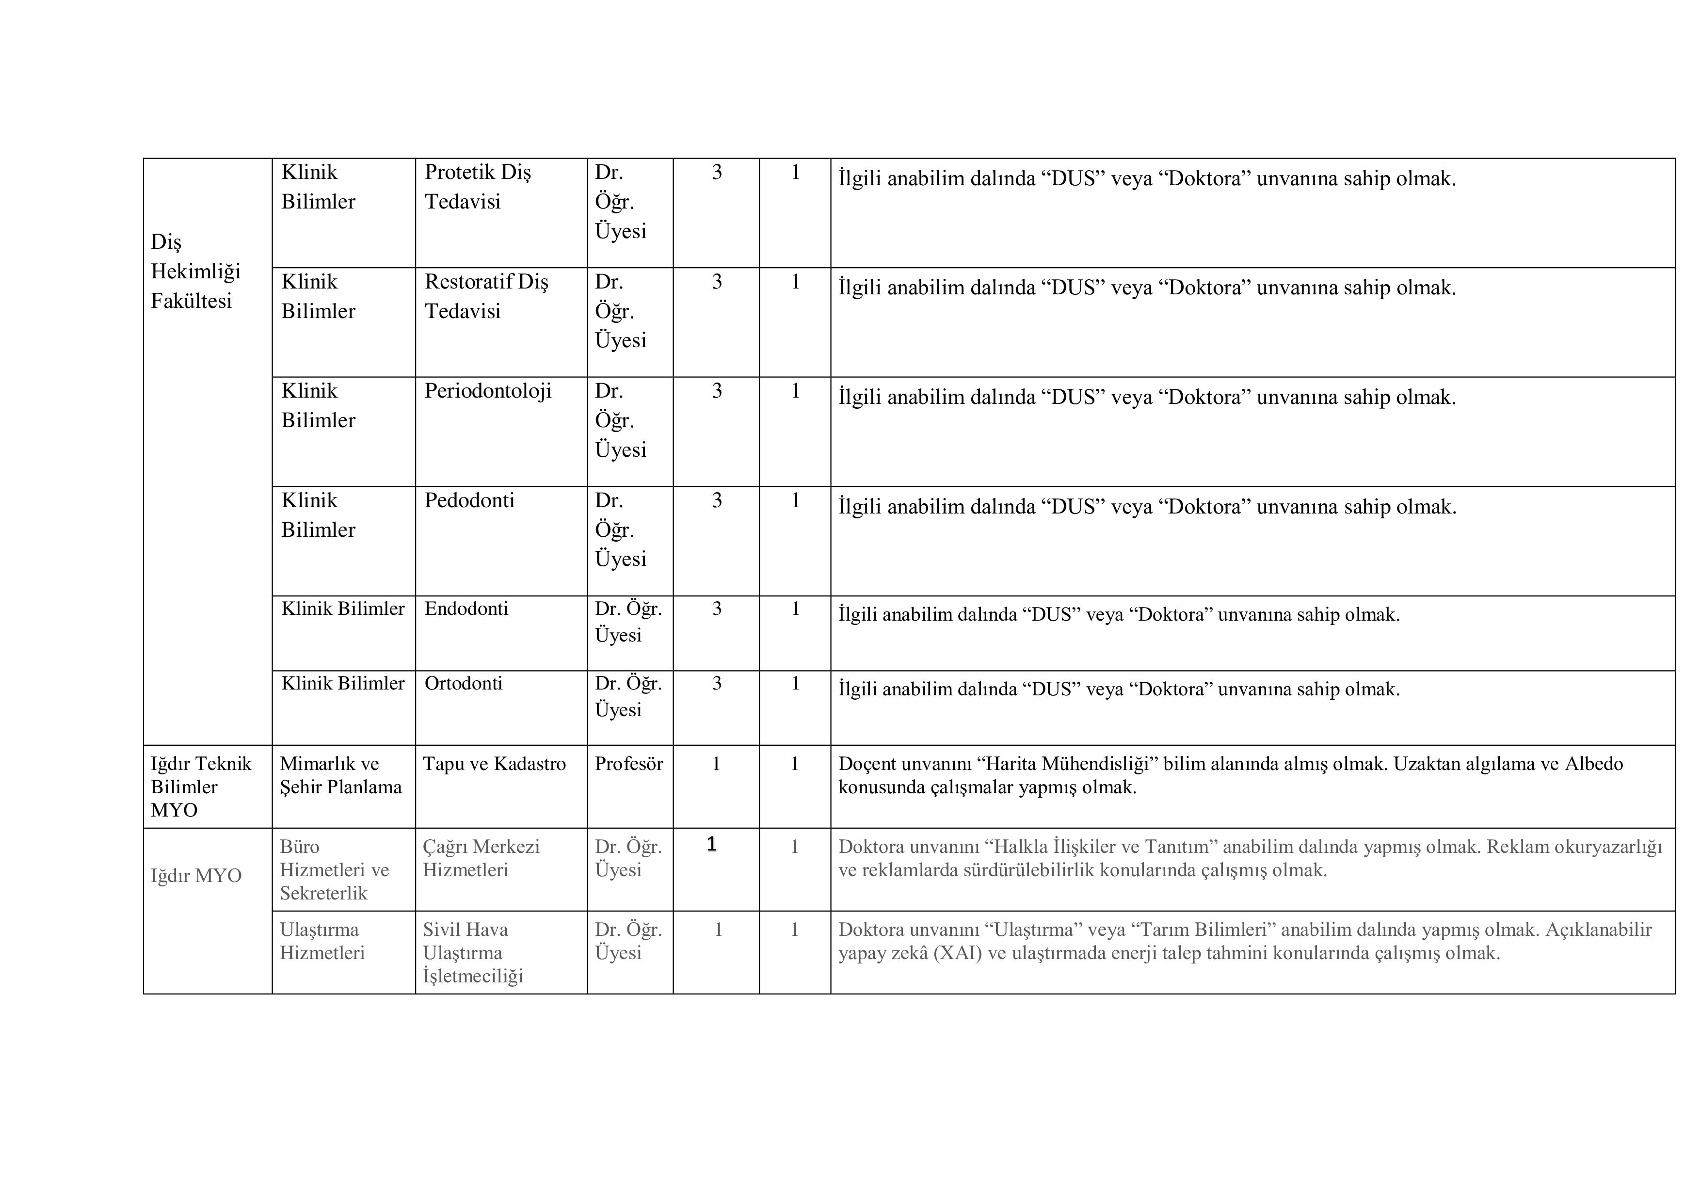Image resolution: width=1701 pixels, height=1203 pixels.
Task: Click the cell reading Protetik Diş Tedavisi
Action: click(478, 187)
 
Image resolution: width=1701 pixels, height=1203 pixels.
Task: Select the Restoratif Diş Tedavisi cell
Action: click(486, 296)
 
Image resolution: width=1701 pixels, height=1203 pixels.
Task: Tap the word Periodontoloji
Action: click(487, 391)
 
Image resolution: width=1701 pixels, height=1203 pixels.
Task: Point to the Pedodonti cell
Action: click(469, 501)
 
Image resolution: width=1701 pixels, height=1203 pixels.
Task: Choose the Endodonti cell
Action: click(466, 609)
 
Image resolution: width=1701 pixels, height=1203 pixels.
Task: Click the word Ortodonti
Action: click(463, 683)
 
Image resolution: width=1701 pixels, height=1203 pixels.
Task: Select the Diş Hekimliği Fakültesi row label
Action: click(195, 271)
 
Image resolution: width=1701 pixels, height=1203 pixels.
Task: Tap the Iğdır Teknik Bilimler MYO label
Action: click(201, 786)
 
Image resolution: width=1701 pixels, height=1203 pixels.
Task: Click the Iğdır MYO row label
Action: click(196, 876)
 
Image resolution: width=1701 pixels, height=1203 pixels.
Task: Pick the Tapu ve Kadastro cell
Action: click(494, 764)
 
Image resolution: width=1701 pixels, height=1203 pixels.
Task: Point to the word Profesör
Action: click(628, 764)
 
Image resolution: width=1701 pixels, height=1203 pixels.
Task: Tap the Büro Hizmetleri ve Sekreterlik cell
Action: click(334, 870)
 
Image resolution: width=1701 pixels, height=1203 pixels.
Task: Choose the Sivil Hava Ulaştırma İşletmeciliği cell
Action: click(473, 953)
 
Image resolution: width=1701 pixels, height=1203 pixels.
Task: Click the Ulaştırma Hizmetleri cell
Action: click(321, 941)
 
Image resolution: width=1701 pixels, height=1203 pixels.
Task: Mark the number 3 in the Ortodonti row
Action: click(716, 683)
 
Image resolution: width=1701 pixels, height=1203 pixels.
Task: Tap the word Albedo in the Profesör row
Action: click(1593, 764)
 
